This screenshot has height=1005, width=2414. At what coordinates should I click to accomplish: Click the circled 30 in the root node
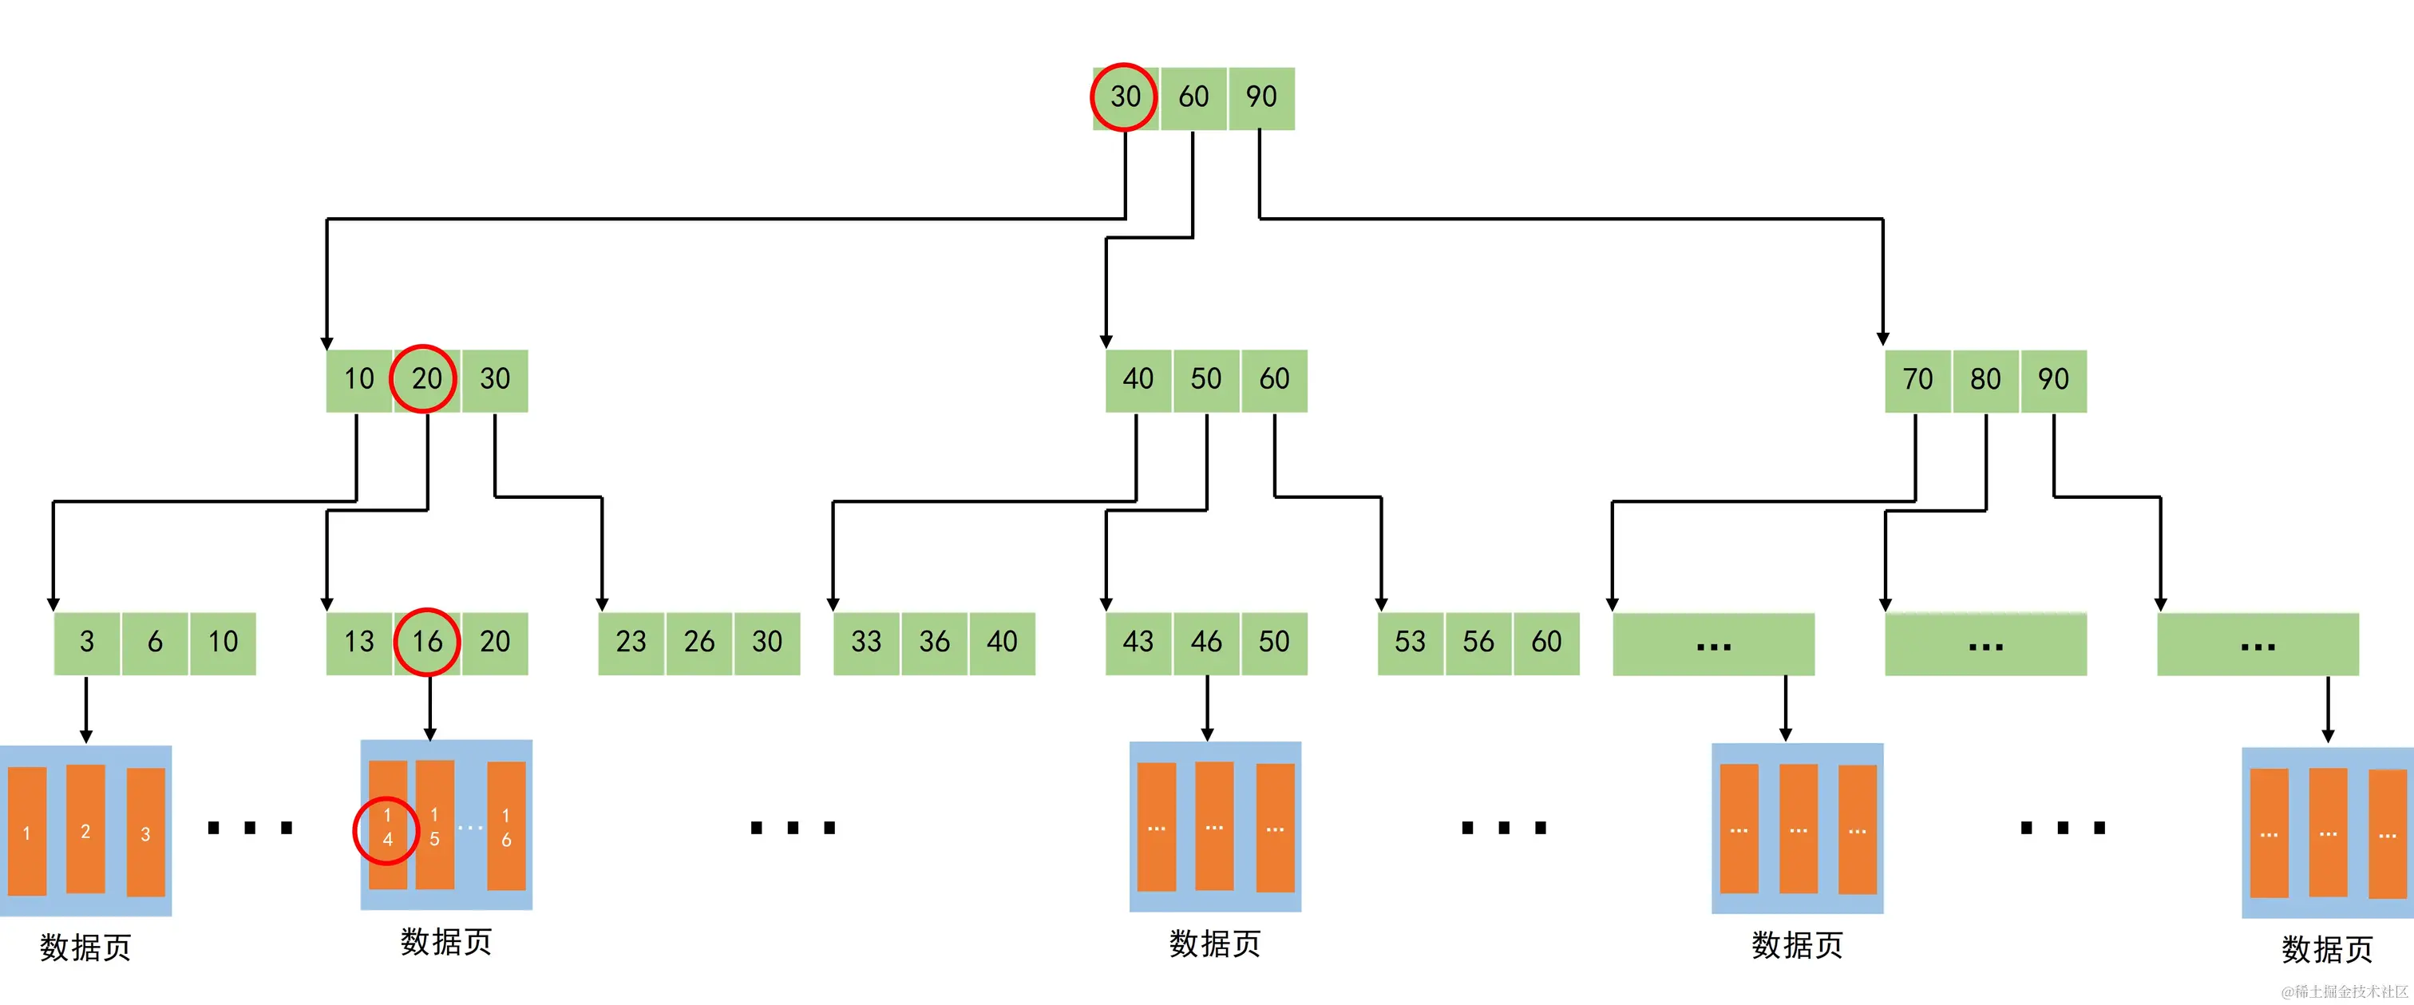point(1125,97)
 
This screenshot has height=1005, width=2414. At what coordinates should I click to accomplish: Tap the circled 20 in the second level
point(425,378)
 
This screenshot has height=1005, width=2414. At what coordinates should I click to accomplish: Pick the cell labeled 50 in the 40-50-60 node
point(1206,378)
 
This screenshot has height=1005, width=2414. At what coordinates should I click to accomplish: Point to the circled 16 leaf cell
point(427,642)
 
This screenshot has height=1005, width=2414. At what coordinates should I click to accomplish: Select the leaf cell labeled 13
point(359,642)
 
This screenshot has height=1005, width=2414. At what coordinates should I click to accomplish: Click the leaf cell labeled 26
point(699,642)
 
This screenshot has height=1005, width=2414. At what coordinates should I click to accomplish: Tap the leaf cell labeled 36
point(934,642)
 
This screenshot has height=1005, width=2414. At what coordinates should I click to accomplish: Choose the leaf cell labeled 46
point(1206,642)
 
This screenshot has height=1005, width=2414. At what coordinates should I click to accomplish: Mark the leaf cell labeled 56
point(1478,642)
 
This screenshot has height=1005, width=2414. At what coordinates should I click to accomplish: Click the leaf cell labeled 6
point(155,642)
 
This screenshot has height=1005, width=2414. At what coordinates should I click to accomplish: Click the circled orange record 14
point(387,828)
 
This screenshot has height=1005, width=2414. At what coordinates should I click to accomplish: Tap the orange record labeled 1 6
point(506,827)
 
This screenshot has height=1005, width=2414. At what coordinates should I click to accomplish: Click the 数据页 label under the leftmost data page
point(85,947)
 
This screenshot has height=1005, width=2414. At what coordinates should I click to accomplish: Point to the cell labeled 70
point(1917,378)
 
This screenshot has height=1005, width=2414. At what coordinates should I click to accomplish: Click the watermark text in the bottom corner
point(2343,991)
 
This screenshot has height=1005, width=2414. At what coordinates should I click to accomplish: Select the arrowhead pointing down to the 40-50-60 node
point(1106,341)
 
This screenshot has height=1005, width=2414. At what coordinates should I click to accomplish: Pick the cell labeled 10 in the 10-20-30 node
point(359,378)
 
